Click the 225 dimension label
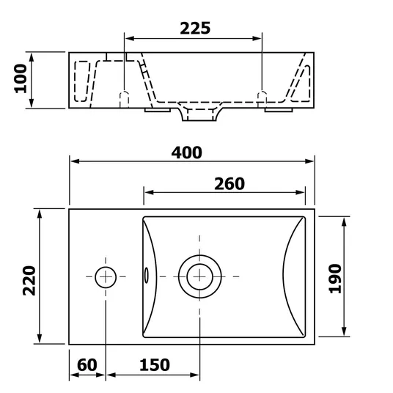pyautogui.click(x=195, y=29)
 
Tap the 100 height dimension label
pyautogui.click(x=21, y=78)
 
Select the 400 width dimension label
pyautogui.click(x=187, y=153)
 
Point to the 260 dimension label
pyautogui.click(x=229, y=184)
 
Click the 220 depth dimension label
pyautogui.click(x=29, y=281)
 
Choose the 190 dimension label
pyautogui.click(x=335, y=279)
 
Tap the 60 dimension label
pyautogui.click(x=87, y=365)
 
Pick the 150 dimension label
pyautogui.click(x=155, y=365)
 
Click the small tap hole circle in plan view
pyautogui.click(x=106, y=277)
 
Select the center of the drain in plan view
pyautogui.click(x=199, y=276)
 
